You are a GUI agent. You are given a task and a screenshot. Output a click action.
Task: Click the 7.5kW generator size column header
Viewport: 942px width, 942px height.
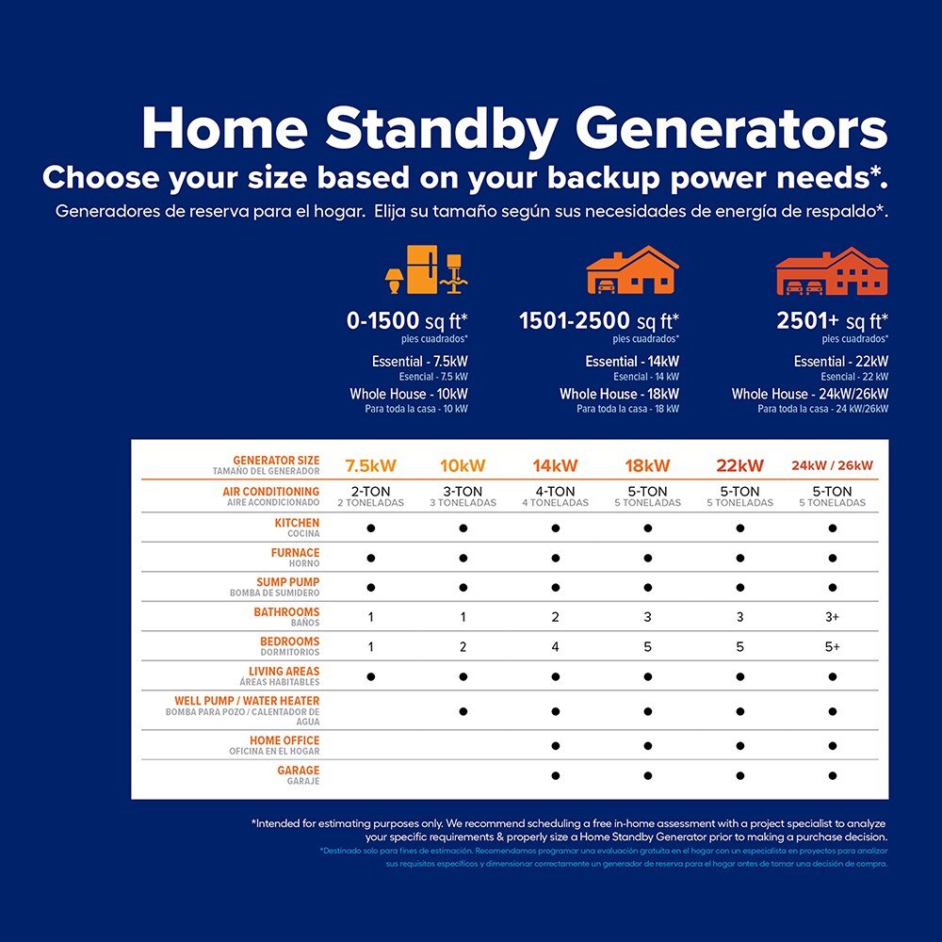tap(371, 465)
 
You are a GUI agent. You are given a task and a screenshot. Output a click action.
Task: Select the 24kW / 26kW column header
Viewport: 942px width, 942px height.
tap(832, 465)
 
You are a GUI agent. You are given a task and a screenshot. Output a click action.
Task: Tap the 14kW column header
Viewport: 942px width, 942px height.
tap(555, 465)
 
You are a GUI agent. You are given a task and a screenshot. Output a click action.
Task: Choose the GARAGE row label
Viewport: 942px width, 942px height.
tap(299, 771)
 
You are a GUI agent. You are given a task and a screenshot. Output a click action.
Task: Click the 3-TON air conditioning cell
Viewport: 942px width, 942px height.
tap(463, 492)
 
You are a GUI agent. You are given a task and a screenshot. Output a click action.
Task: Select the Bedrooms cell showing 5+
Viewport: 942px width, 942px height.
tap(832, 647)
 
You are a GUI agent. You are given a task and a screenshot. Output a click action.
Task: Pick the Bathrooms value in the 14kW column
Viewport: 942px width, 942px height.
tap(555, 617)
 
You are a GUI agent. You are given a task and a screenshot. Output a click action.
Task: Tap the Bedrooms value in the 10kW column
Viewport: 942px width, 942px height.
tap(463, 647)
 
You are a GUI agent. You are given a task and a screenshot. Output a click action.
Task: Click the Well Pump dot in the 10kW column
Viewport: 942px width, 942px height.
tap(463, 711)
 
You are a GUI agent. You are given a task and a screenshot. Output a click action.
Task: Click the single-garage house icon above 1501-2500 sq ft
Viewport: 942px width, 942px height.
tap(632, 270)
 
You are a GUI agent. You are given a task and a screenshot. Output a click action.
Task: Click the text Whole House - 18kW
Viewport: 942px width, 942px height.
tap(619, 394)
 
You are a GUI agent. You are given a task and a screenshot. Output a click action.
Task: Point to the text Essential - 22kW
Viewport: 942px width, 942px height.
tap(840, 362)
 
